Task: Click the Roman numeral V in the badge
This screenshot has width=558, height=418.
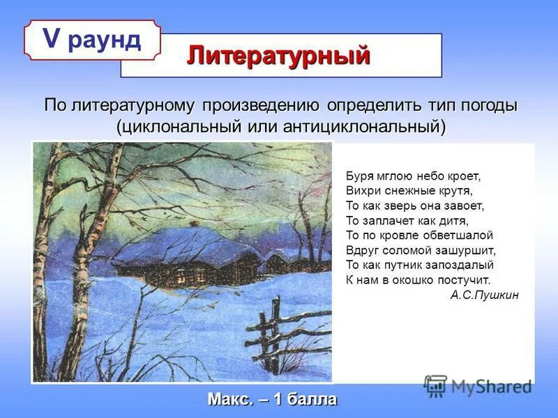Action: point(52,39)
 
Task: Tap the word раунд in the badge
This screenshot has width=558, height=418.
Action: point(105,40)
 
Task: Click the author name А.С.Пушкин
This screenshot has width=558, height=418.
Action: point(484,295)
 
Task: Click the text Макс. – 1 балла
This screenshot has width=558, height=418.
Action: point(272,400)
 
